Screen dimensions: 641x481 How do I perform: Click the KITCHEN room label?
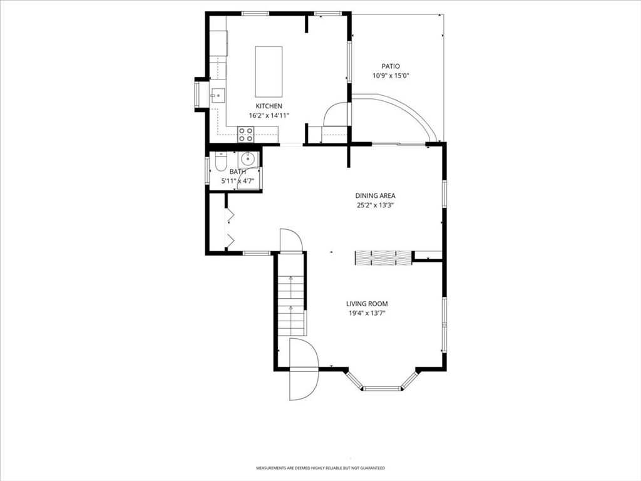click(x=269, y=106)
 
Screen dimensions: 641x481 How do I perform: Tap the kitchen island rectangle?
click(x=269, y=71)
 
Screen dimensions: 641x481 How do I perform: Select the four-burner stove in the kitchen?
click(x=245, y=135)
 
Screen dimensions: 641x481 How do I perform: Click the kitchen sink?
click(x=218, y=96)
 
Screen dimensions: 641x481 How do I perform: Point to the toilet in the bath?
click(x=221, y=162)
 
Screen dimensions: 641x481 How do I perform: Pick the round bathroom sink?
click(x=248, y=158)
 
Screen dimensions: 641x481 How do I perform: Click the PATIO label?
click(x=391, y=66)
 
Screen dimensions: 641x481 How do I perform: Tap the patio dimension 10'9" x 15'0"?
click(x=391, y=76)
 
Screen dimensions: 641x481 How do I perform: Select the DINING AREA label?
click(x=376, y=196)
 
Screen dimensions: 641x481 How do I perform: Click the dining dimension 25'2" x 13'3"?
click(x=376, y=205)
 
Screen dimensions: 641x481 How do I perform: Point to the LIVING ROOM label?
click(x=367, y=304)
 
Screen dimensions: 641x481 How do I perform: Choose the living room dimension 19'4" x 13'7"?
click(x=367, y=313)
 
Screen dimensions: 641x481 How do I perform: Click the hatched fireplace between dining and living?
click(x=383, y=257)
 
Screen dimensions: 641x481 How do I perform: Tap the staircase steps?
click(x=292, y=306)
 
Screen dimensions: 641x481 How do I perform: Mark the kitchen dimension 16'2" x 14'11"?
click(x=269, y=116)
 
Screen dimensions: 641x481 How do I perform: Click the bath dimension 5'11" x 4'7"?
click(x=237, y=181)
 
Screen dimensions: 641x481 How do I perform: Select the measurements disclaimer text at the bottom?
click(x=320, y=468)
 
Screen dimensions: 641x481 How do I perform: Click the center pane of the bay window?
click(x=382, y=388)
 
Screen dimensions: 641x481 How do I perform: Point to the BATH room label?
click(x=237, y=172)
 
